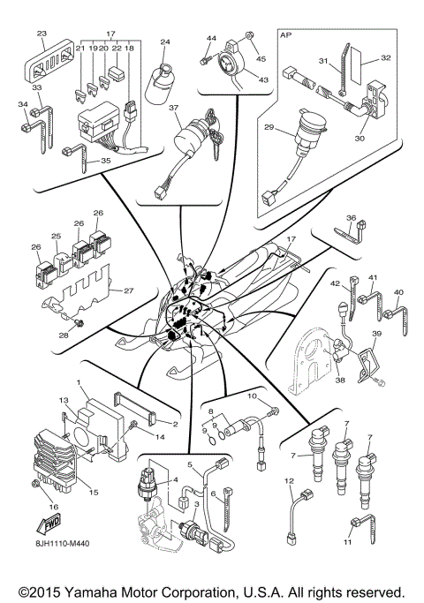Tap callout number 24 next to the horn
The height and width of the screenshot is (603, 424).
pos(164,41)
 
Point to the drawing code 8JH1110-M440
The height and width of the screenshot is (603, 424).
pos(68,552)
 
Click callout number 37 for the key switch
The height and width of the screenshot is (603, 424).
pos(175,108)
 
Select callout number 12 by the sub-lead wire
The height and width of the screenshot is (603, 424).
pos(288,480)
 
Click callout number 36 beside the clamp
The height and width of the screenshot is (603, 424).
pos(350,217)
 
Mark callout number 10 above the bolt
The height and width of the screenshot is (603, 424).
pos(252,397)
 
